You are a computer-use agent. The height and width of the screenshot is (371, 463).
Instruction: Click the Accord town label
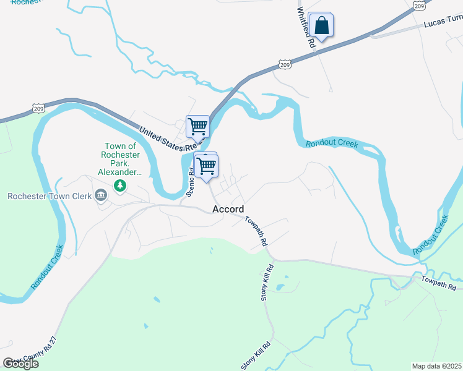tap(228, 209)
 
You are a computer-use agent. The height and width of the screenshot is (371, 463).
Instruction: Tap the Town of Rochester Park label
tap(121, 159)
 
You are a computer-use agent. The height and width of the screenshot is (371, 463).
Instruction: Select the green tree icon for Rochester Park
tap(121, 185)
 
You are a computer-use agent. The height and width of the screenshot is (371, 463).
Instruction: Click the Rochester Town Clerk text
tap(49, 197)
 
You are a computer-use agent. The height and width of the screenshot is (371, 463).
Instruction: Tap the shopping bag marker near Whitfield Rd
tap(321, 26)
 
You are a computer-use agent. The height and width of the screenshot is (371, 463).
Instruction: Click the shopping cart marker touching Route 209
tap(198, 126)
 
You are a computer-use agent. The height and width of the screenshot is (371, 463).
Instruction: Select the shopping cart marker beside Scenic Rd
tap(207, 165)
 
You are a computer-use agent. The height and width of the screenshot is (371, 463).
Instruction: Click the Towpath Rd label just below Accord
tap(256, 231)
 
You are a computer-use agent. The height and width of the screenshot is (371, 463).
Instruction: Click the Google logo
tap(20, 364)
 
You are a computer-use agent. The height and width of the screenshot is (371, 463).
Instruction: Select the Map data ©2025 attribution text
tap(436, 366)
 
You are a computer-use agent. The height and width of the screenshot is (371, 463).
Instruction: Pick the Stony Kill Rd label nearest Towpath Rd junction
tap(266, 284)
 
